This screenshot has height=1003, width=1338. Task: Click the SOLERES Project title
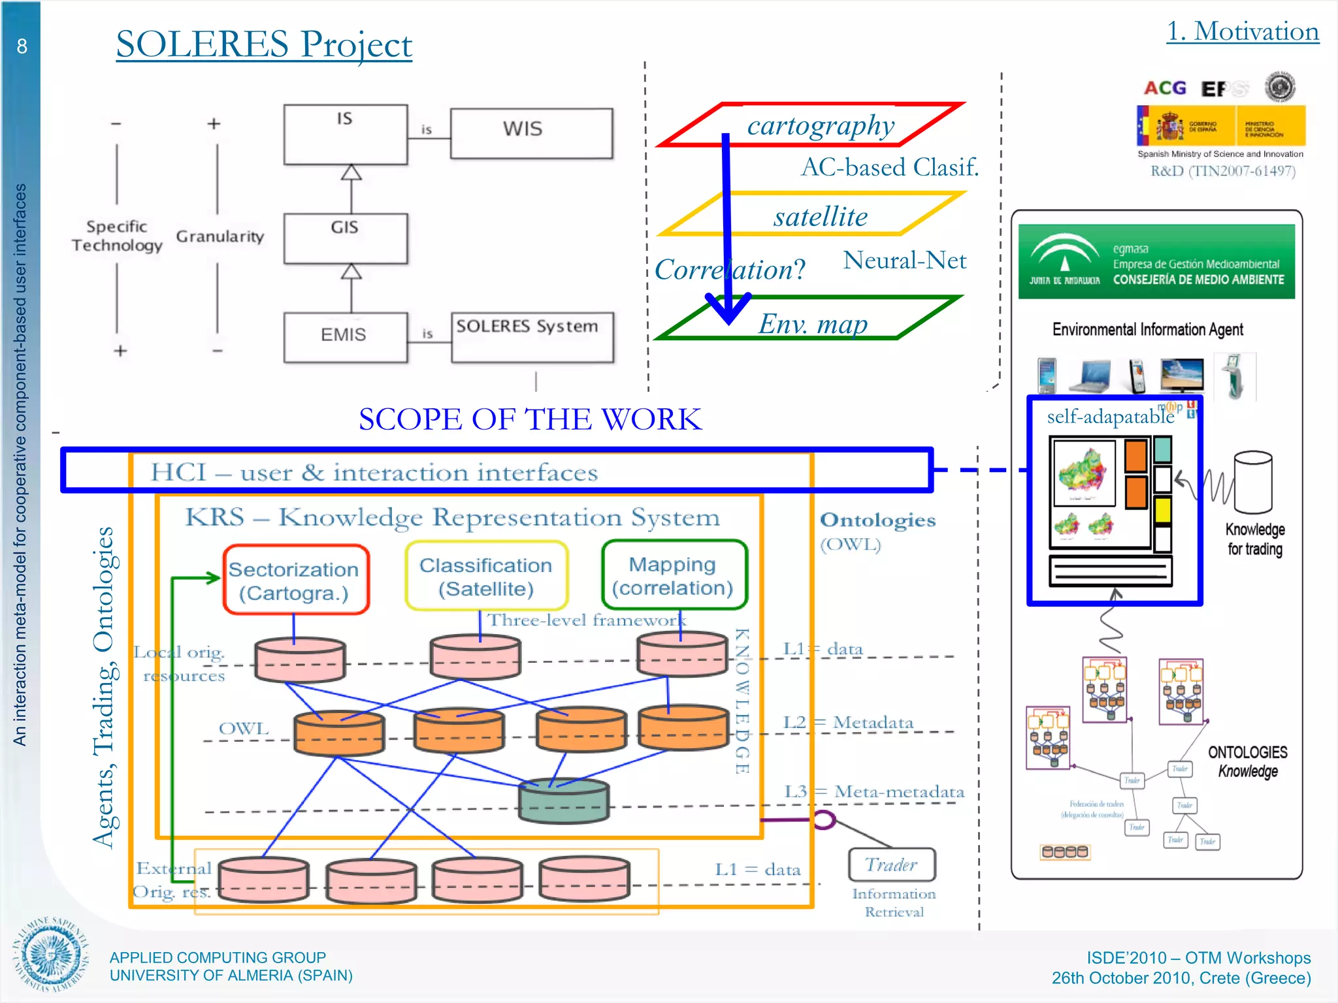pyautogui.click(x=264, y=44)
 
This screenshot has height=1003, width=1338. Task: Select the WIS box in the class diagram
pyautogui.click(x=530, y=133)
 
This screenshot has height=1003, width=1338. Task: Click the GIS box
pyautogui.click(x=345, y=238)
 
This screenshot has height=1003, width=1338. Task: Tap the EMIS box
pyautogui.click(x=345, y=336)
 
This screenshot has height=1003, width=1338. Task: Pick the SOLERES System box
pyautogui.click(x=532, y=336)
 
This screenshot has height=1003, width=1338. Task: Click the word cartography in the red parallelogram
pyautogui.click(x=821, y=125)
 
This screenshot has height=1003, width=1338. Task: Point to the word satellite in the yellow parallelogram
pyautogui.click(x=821, y=216)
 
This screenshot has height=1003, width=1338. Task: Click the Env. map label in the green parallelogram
pyautogui.click(x=813, y=324)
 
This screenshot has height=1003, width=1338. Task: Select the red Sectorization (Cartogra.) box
pyautogui.click(x=295, y=580)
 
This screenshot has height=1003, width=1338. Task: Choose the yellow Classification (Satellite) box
pyautogui.click(x=486, y=576)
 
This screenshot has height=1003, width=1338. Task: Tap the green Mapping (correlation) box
pyautogui.click(x=673, y=575)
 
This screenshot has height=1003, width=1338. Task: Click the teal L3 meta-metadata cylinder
pyautogui.click(x=563, y=800)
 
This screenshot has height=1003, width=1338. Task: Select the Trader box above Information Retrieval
pyautogui.click(x=891, y=865)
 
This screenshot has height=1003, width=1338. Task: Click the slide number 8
pyautogui.click(x=22, y=46)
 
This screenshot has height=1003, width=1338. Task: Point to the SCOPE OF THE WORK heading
pyautogui.click(x=530, y=419)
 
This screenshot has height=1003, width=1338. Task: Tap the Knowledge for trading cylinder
pyautogui.click(x=1253, y=483)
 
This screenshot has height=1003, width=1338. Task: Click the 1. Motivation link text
pyautogui.click(x=1242, y=31)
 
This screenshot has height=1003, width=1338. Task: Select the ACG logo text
pyautogui.click(x=1165, y=88)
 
